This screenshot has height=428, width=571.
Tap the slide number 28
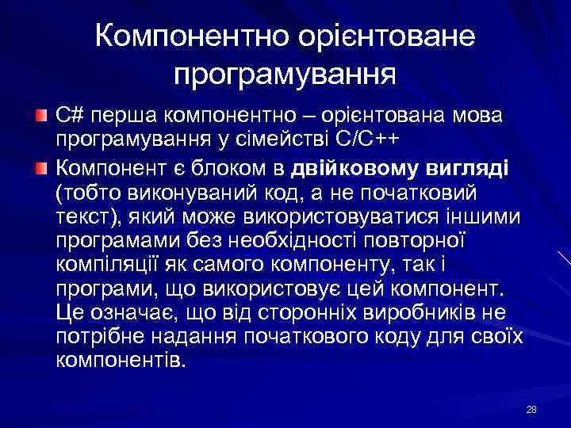[x=531, y=409]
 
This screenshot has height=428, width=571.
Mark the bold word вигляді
[x=461, y=168]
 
